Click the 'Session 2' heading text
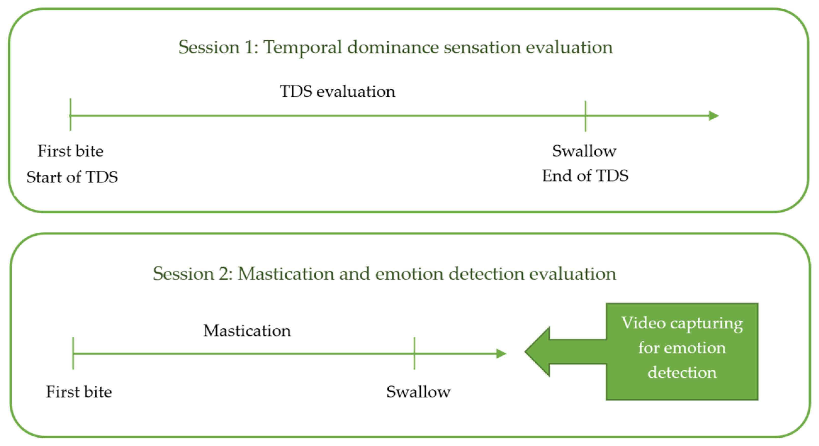coord(384,274)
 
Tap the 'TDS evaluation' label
coord(337,92)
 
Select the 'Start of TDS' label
coord(72,177)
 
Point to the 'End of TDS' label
coord(585,176)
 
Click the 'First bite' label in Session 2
coord(79,392)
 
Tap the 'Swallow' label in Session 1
coord(584,151)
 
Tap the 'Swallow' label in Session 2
coord(418,392)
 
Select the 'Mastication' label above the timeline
coord(247,331)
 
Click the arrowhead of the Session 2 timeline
coord(501,353)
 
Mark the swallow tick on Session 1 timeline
coord(585,116)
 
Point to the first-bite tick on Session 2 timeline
coord(73,353)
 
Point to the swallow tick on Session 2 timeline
coord(414,353)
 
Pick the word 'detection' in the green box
coord(682,372)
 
